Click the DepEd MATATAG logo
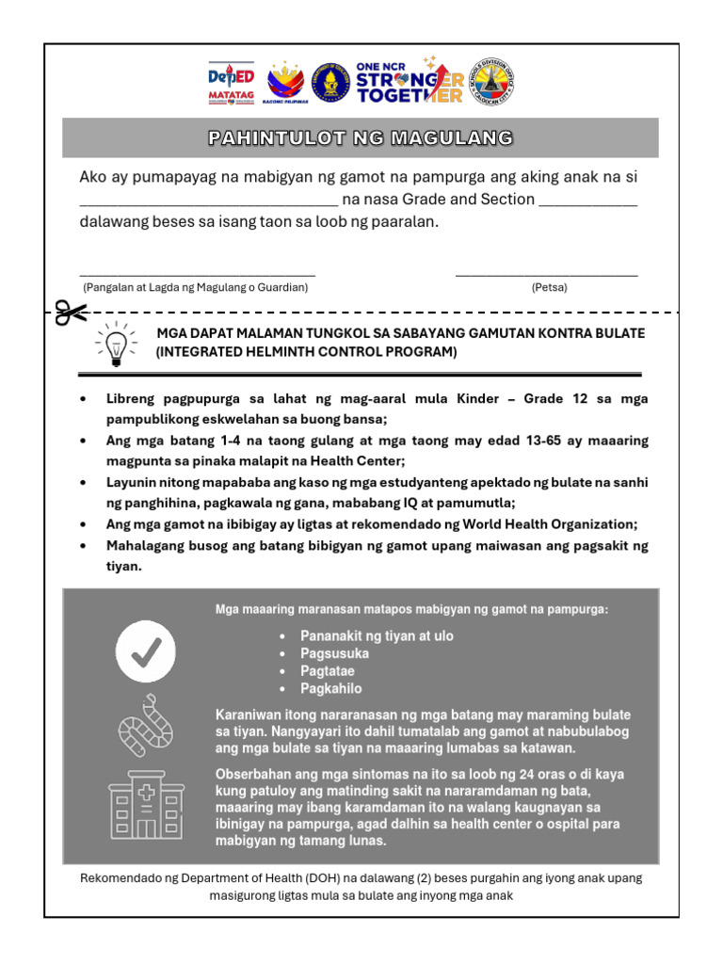[x=231, y=83]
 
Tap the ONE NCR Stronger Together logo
[x=410, y=82]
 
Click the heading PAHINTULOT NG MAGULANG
[x=361, y=138]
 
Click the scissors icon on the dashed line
[x=71, y=313]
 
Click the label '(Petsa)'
[x=549, y=287]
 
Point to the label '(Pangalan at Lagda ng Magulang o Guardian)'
[x=196, y=287]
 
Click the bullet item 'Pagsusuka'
[x=334, y=653]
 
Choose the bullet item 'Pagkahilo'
[x=330, y=689]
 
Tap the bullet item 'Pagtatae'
[x=327, y=671]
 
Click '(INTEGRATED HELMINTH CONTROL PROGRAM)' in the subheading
[x=307, y=352]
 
